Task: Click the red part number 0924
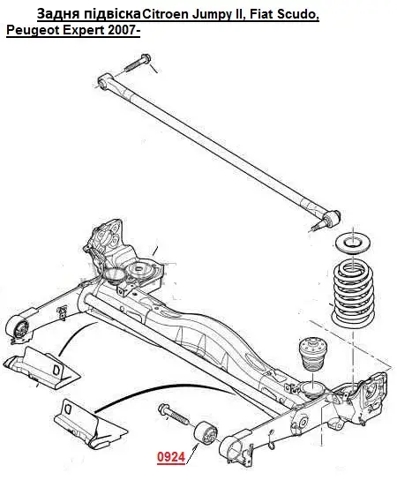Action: pyautogui.click(x=171, y=457)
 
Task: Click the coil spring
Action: pyautogui.click(x=353, y=294)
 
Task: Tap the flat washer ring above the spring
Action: pyautogui.click(x=354, y=244)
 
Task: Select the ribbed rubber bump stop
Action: pyautogui.click(x=312, y=354)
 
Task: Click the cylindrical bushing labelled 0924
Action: pyautogui.click(x=206, y=433)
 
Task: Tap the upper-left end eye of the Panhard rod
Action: pyautogui.click(x=105, y=81)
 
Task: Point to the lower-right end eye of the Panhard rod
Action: pyautogui.click(x=332, y=218)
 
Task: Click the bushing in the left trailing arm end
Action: pyautogui.click(x=20, y=327)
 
